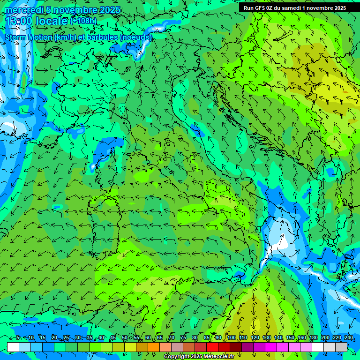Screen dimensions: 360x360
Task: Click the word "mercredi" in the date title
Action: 23,10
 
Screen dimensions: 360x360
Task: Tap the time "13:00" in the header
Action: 19,21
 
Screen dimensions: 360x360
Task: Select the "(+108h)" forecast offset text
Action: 83,21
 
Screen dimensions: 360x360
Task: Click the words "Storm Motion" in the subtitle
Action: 28,37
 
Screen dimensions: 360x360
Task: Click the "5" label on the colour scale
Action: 18,338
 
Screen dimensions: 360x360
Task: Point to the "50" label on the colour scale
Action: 124,338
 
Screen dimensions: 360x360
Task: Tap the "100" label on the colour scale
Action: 231,338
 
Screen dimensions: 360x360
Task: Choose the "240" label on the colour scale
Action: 348,338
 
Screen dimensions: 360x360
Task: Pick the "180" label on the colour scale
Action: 313,338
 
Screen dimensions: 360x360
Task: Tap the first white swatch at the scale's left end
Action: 13,347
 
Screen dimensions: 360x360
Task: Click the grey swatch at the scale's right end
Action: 341,347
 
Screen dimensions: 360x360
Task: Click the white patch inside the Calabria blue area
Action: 283,244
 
